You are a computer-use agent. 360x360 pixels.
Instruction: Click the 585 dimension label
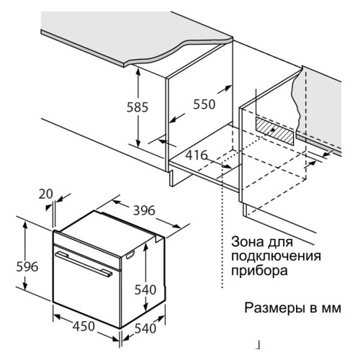coord(138,107)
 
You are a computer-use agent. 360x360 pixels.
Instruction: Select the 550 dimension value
coord(204,104)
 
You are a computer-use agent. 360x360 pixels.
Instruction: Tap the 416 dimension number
coord(197,155)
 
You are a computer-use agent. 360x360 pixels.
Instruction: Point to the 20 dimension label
coord(45,194)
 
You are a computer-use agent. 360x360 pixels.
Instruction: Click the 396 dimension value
coord(144,210)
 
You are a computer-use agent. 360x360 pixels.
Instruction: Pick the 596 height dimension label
coord(27,266)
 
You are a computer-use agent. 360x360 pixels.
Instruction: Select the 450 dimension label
coord(84,326)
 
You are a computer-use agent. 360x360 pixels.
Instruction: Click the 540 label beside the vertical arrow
coord(145,289)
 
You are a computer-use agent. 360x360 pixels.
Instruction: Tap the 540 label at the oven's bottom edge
coord(145,328)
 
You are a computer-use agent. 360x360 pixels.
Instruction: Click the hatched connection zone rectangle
coord(274,131)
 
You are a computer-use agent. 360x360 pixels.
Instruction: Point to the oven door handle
coord(84,264)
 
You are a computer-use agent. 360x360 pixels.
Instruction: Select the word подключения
coord(276,256)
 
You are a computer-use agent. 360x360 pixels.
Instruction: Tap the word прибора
coord(259,271)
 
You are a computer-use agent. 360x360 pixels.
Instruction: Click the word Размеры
coord(274,308)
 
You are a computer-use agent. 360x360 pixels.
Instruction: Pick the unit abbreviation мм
coord(331,308)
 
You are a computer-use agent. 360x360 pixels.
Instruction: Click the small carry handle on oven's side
coord(130,255)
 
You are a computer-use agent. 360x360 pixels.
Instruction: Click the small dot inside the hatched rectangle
coord(273,130)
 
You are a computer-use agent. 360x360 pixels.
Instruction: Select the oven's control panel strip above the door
coord(87,251)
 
